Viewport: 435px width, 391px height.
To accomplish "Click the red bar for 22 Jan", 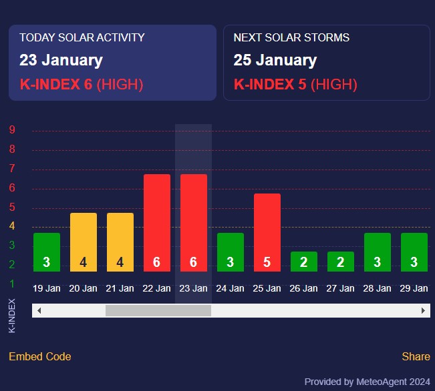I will point(156,222).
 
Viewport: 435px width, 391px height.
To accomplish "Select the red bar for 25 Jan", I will point(267,232).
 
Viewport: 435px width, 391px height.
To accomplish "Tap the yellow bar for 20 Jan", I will point(83,242).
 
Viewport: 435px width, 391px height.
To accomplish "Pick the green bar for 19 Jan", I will point(46,252).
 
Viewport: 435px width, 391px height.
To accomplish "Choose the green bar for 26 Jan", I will point(303,261).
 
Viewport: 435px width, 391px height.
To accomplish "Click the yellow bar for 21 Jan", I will point(120,242).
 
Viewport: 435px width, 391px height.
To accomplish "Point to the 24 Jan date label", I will point(230,288).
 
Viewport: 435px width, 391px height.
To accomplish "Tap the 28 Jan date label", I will point(377,288).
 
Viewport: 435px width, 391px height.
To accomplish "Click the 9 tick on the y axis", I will point(12,130).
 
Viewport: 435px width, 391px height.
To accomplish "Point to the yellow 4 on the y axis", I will point(12,226).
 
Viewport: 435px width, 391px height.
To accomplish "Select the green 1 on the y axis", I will point(12,284).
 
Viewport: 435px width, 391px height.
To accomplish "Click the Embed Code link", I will point(39,356).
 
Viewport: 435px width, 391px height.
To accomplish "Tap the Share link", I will point(416,356).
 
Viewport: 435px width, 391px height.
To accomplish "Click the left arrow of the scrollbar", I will point(39,311).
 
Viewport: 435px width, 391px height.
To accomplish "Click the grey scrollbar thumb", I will point(158,311).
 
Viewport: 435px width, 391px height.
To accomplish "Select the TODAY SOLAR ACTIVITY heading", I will point(82,37).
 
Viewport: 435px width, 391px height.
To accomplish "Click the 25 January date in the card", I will point(275,60).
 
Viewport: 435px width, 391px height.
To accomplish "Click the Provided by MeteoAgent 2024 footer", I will point(367,382).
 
